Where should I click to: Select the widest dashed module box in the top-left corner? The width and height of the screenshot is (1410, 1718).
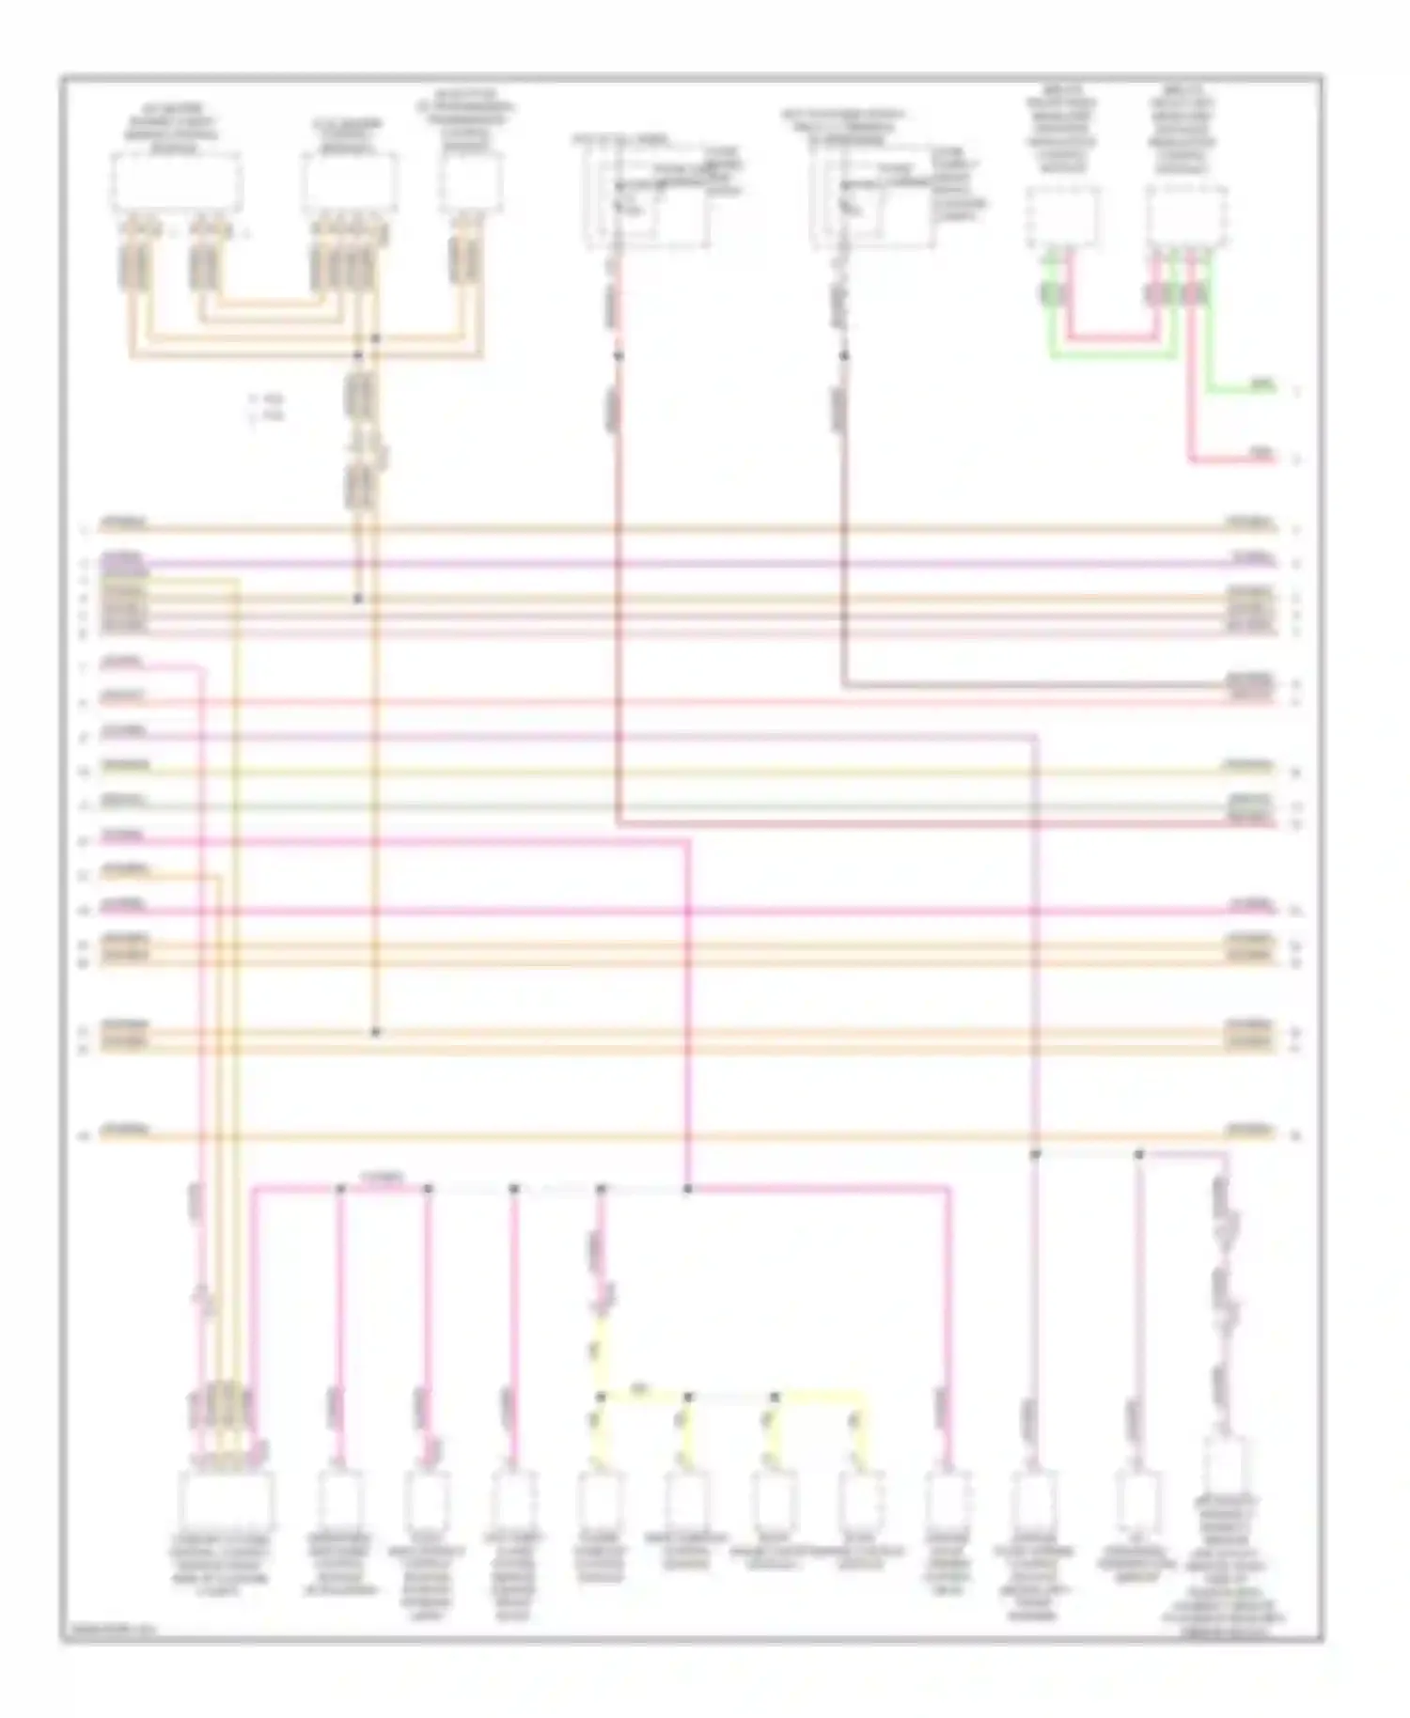point(177,184)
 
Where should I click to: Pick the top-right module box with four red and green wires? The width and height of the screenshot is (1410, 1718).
point(1186,215)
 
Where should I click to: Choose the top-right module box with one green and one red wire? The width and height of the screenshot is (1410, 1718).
point(1062,215)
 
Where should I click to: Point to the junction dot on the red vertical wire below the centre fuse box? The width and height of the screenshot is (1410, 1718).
point(618,356)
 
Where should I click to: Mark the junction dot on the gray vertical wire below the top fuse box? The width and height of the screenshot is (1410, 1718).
point(843,356)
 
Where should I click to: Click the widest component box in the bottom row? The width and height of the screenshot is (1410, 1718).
point(227,1500)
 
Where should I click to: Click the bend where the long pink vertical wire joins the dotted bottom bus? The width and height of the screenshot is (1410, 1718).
point(687,1189)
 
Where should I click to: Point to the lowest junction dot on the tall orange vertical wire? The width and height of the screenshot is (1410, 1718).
point(375,1032)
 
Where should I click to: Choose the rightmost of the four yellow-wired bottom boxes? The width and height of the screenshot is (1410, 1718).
point(860,1500)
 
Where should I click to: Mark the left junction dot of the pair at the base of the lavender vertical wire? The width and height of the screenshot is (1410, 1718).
point(1035,1153)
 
